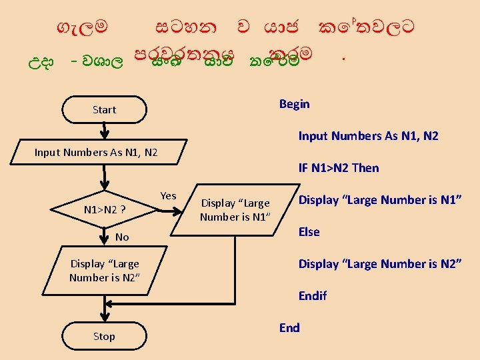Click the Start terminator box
tap(104, 110)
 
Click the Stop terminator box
tap(104, 337)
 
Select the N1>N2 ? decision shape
tap(105, 210)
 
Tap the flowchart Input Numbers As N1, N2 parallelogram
tap(96, 153)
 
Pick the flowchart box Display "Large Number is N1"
tap(235, 210)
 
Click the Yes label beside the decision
tap(169, 195)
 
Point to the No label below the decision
tap(122, 237)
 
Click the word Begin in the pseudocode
tap(294, 103)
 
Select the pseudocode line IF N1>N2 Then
tap(338, 168)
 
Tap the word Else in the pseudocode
tap(309, 232)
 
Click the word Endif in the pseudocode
tap(312, 295)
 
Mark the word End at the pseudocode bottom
tap(289, 327)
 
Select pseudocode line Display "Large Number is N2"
tap(380, 264)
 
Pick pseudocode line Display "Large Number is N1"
tap(380, 200)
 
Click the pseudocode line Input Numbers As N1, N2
tap(368, 136)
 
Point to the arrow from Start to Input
tap(104, 131)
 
